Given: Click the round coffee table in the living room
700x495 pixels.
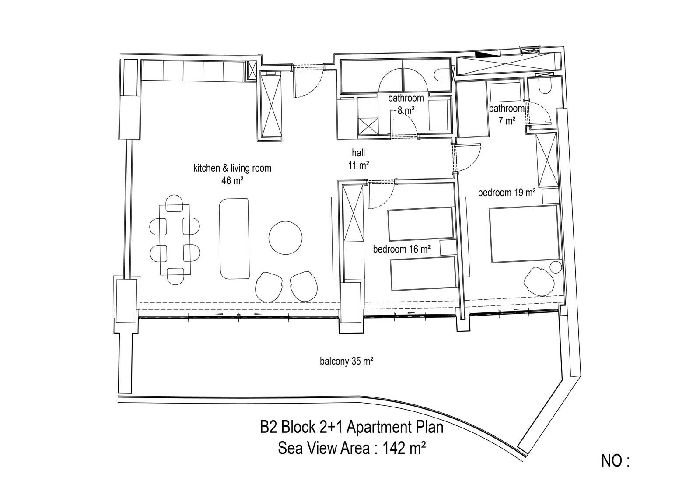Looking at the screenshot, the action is click(285, 238).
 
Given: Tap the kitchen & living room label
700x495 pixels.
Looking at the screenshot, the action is click(232, 168).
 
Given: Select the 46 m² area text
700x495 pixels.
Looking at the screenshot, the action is click(232, 180).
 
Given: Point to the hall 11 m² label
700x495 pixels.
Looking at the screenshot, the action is click(358, 159).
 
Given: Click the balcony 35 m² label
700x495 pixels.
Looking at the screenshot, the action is click(346, 362).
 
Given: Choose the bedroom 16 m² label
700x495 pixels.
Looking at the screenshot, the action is click(402, 249).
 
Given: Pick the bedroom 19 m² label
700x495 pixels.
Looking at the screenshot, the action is click(507, 193).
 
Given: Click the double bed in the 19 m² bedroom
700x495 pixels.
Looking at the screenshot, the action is click(524, 234).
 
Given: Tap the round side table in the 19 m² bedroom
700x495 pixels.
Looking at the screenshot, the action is click(555, 268).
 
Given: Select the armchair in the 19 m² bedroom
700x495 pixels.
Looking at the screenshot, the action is click(539, 281).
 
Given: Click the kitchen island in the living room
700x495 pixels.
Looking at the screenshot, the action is click(234, 238).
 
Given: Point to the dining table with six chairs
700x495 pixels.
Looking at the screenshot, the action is click(175, 240).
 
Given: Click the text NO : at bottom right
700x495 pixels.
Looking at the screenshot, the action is click(615, 461).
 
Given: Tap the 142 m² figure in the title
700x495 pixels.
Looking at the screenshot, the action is click(404, 448).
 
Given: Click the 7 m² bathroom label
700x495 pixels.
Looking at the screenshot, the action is click(507, 114).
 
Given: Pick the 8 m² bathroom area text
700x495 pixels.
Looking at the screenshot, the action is click(406, 110).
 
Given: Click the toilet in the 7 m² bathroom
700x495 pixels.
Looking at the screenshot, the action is click(545, 85).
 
